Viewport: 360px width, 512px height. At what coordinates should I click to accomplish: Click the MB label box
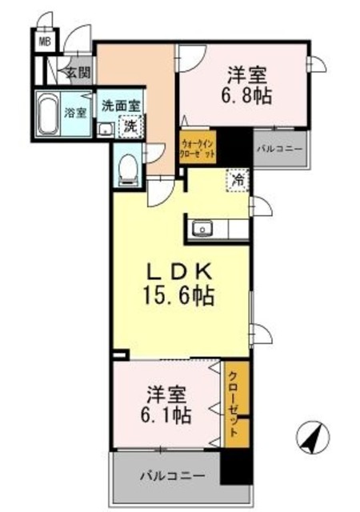[45, 38]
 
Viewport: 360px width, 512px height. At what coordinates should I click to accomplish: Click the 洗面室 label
[120, 106]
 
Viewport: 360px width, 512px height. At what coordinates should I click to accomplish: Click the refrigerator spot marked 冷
[238, 181]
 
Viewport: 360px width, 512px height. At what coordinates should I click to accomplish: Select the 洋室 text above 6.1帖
[166, 395]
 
